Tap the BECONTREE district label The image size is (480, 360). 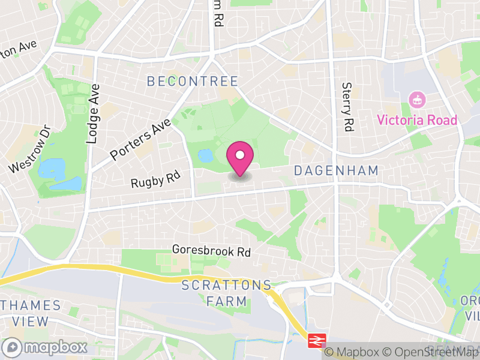tap(193, 81)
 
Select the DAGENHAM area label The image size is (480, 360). tap(336, 171)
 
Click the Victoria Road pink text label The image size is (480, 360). tap(417, 120)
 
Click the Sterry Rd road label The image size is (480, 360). tap(347, 107)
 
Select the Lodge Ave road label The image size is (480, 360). tap(92, 113)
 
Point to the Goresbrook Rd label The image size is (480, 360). tap(211, 250)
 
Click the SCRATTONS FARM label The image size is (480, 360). tap(226, 293)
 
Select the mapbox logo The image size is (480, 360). tap(45, 347)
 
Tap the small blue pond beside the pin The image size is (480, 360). tap(205, 156)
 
